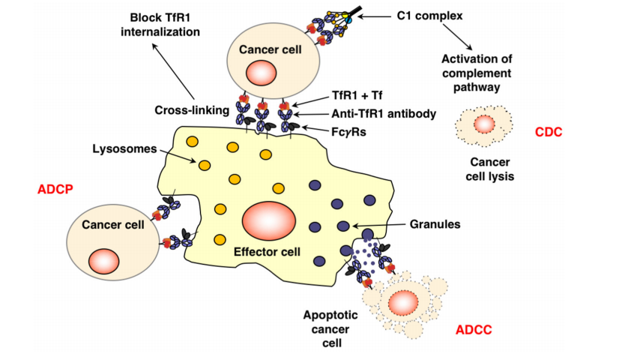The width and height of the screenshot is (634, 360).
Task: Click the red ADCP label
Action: coord(54,189)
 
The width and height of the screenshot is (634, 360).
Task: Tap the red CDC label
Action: coord(549,132)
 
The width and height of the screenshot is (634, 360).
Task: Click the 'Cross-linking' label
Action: coord(192,109)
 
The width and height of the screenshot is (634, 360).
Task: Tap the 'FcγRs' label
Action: coord(348,131)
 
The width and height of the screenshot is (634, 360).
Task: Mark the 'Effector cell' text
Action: coord(268,252)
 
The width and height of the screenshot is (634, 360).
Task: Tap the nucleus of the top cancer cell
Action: coord(263,74)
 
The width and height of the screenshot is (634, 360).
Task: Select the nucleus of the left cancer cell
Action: coord(103,262)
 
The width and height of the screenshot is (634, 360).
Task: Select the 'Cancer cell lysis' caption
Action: coord(483,170)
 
